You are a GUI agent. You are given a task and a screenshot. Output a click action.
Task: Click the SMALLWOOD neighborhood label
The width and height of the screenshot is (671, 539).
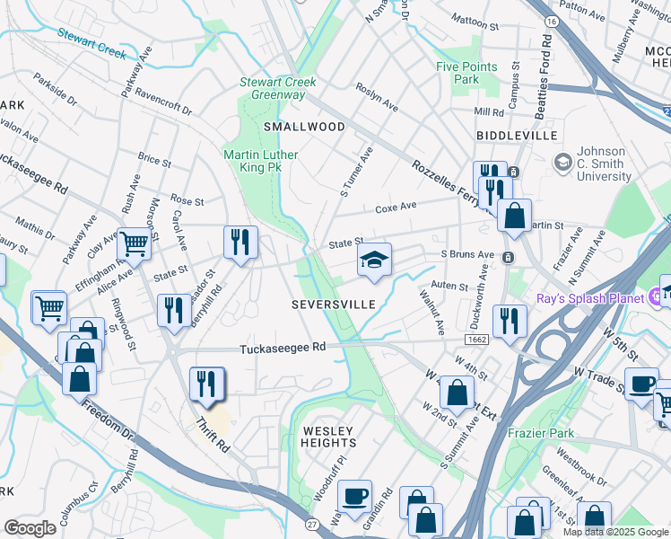pyautogui.click(x=303, y=127)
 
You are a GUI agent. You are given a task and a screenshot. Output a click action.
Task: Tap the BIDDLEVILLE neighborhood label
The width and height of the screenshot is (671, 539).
pyautogui.click(x=518, y=136)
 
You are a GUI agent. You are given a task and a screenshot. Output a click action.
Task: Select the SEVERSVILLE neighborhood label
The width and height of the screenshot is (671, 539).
pyautogui.click(x=333, y=305)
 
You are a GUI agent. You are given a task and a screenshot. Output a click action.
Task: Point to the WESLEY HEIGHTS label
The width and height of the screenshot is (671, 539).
pyautogui.click(x=328, y=437)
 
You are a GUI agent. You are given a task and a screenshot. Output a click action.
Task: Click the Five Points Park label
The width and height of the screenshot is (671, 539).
pyautogui.click(x=457, y=73)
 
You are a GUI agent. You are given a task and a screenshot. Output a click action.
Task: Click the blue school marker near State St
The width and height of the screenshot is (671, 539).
pyautogui.click(x=374, y=261)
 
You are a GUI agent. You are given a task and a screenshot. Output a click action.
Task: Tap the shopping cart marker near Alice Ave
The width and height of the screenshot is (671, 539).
pyautogui.click(x=134, y=243)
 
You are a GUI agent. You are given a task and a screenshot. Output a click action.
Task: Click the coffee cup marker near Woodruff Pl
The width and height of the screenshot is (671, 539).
pyautogui.click(x=355, y=495)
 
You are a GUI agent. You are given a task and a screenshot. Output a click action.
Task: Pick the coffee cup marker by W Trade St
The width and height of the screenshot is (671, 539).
pyautogui.click(x=641, y=384)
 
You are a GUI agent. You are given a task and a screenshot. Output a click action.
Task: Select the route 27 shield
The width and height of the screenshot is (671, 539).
pyautogui.click(x=311, y=523)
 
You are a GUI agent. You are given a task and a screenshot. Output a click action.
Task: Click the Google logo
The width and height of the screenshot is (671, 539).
pyautogui.click(x=30, y=527)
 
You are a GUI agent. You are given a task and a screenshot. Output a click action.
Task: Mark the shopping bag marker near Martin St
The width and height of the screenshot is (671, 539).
pyautogui.click(x=514, y=216)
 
